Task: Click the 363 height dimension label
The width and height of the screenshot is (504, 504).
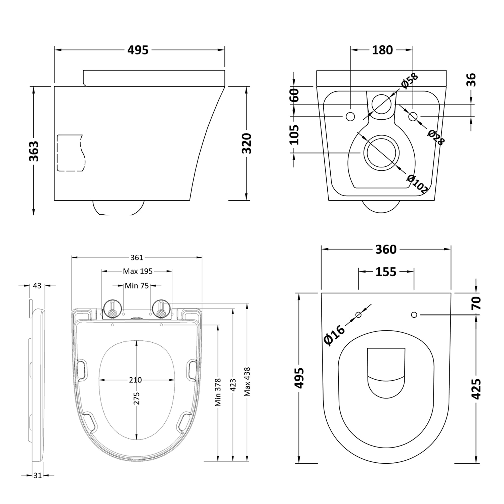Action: pos(34,151)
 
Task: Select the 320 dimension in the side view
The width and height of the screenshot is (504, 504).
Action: pos(247,143)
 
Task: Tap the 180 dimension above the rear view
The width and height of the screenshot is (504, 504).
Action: pos(382,50)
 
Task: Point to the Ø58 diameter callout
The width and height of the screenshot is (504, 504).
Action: pos(409,81)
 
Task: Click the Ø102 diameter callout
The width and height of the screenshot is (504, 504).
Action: pos(417,184)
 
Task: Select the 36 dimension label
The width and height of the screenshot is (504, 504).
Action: pos(472,80)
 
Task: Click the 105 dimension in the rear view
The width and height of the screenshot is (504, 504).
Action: pos(294,134)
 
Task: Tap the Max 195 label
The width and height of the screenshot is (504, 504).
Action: pos(137,271)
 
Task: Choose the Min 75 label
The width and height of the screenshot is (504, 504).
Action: pos(136,286)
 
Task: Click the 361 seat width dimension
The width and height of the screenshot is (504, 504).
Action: pos(137,257)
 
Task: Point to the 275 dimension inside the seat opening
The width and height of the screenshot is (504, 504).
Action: pos(136,399)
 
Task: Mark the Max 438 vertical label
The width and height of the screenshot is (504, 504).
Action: pos(247,382)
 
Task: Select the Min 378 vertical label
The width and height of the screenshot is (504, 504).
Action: pos(218,392)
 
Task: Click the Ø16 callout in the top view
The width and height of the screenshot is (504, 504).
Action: pos(334,335)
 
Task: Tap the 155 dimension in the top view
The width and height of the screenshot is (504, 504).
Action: pos(386,271)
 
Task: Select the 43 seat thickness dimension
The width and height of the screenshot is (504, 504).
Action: pos(37,286)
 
